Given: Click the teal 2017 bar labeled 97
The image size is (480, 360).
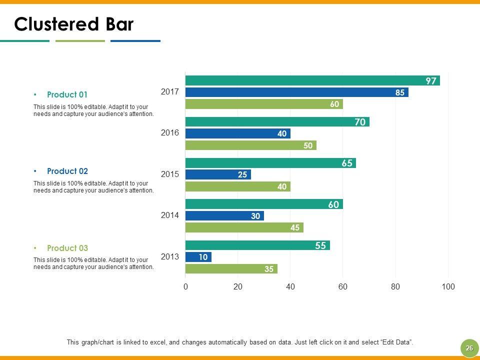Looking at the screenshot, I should (x=312, y=80).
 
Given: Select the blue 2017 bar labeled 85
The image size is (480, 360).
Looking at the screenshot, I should (x=296, y=92).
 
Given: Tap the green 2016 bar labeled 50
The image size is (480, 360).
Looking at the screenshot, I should (x=250, y=145).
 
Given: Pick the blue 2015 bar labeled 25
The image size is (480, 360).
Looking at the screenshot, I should (x=218, y=174).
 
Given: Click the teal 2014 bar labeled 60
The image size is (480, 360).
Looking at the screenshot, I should (x=264, y=204).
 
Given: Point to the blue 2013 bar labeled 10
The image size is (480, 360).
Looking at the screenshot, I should (x=198, y=257).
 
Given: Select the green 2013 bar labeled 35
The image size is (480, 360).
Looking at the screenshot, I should (x=231, y=269).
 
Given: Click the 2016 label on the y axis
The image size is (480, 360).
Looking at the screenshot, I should (x=170, y=133).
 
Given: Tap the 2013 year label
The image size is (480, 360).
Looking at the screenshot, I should (x=170, y=256).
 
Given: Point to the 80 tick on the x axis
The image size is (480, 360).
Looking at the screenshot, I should (x=395, y=287).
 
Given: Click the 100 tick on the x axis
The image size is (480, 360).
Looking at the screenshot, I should (x=448, y=287).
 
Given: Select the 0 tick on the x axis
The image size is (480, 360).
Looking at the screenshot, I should (x=185, y=287).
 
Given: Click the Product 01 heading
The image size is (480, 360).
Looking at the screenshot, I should (x=67, y=94).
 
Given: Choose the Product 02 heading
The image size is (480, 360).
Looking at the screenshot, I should (x=67, y=171).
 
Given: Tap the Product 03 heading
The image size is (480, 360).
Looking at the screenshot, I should (x=67, y=248).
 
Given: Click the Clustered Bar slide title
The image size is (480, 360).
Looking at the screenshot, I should (x=74, y=24).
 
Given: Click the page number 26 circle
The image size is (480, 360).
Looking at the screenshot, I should (x=469, y=348).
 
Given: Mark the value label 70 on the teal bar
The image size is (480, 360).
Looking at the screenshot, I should (x=360, y=121).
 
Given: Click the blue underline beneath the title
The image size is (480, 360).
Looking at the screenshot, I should (x=135, y=41).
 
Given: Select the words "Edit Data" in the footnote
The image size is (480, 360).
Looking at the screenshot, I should (x=396, y=342).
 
